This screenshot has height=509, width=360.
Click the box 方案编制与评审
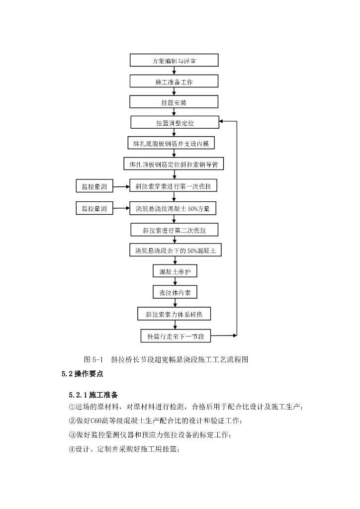(174, 61)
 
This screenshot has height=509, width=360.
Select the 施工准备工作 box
(174, 82)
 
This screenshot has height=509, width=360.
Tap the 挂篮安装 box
(174, 102)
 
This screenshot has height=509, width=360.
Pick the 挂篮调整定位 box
(174, 122)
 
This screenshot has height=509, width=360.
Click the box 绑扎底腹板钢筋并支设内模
(174, 143)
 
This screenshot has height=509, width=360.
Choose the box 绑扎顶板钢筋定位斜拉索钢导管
(174, 164)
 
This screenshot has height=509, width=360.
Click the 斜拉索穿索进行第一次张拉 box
(174, 187)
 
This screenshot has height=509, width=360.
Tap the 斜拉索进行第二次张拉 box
(174, 230)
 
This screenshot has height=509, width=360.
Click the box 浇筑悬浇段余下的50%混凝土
(174, 251)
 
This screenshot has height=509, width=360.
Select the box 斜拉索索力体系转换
(174, 314)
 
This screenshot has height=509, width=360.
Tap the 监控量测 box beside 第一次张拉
(94, 187)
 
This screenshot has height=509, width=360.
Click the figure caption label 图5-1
(93, 359)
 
